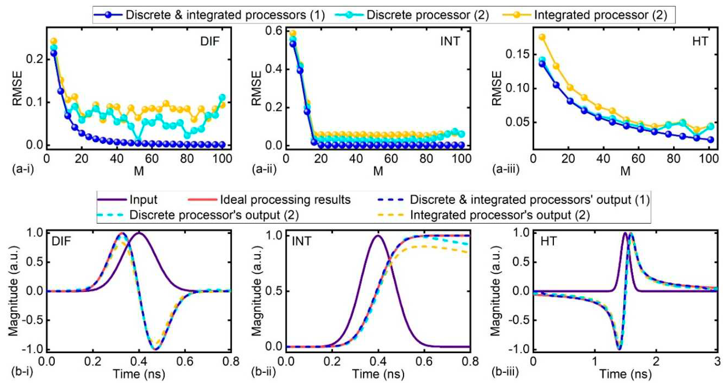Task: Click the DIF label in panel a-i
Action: [x=210, y=42]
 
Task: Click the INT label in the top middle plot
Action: [x=450, y=42]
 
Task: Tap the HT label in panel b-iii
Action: [x=548, y=241]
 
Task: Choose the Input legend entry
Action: [x=143, y=200]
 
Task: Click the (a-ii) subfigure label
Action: [x=264, y=169]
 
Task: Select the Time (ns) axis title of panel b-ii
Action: [x=378, y=374]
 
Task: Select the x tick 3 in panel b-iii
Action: [x=717, y=361]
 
